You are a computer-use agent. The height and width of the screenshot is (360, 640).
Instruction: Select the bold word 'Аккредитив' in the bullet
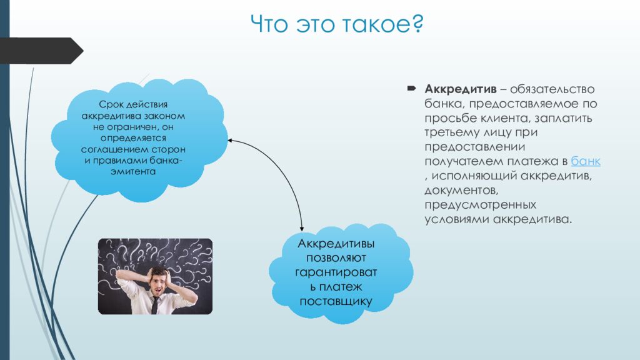click(x=461, y=89)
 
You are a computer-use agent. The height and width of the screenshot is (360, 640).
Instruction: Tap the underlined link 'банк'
click(x=585, y=161)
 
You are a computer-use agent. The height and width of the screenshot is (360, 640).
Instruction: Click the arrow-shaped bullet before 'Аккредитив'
click(x=411, y=88)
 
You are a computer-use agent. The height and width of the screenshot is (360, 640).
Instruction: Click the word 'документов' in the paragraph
click(x=461, y=190)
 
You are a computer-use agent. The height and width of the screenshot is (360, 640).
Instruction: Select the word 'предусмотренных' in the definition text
click(x=481, y=204)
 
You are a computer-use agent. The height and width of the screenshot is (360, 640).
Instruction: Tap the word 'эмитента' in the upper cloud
click(x=133, y=172)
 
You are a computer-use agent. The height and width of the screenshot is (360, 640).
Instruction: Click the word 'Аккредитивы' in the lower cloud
click(x=336, y=244)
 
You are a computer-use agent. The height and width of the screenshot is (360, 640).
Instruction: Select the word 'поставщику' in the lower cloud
click(x=336, y=302)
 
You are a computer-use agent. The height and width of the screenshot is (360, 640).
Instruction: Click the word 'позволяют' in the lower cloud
click(x=336, y=258)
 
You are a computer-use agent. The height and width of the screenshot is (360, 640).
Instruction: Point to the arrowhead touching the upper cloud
click(x=230, y=141)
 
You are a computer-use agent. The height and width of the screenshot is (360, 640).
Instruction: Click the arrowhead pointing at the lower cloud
click(x=302, y=228)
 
